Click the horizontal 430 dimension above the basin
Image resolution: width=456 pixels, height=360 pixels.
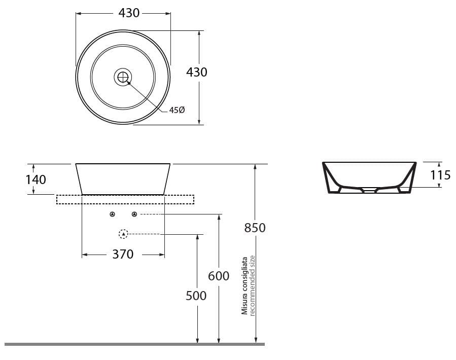(x=129, y=13)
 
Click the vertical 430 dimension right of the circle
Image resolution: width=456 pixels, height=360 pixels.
(x=197, y=72)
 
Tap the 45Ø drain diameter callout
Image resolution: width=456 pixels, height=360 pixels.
(x=177, y=110)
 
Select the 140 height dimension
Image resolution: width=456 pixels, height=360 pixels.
(x=36, y=179)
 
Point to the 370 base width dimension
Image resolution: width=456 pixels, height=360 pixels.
(x=123, y=255)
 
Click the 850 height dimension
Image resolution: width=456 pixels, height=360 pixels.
(x=255, y=228)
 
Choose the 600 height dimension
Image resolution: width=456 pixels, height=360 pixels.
(x=219, y=276)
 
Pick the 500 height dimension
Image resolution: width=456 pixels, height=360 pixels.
(x=196, y=296)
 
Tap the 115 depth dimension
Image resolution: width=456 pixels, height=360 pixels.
(x=440, y=175)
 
